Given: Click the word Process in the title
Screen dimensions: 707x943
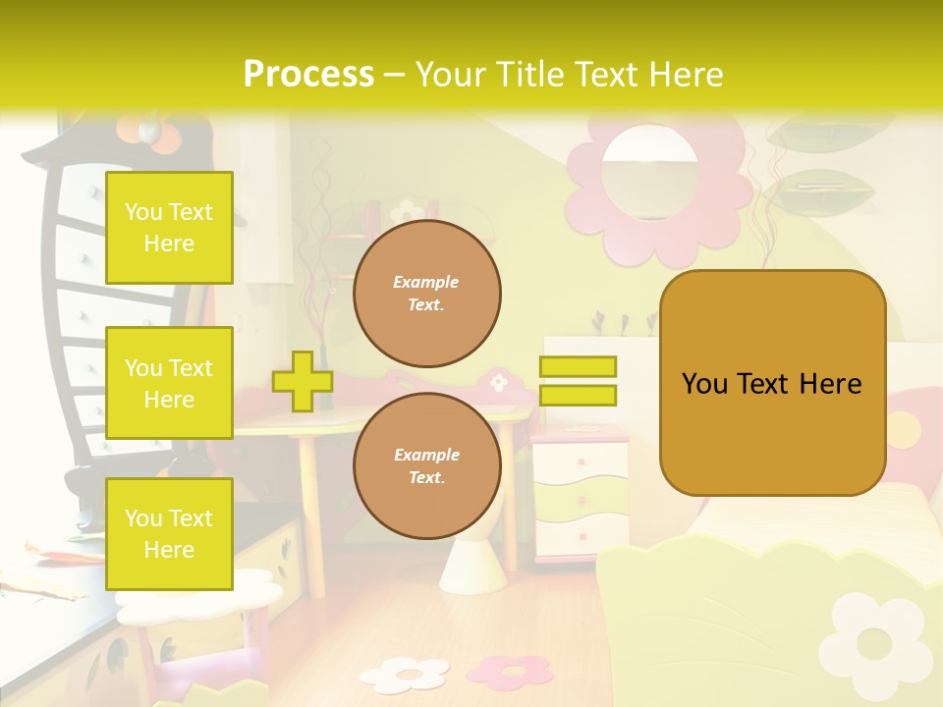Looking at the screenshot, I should click(308, 75).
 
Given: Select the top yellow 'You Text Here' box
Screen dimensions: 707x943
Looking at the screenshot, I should click(169, 228).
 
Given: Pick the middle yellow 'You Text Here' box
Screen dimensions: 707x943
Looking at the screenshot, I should click(169, 383).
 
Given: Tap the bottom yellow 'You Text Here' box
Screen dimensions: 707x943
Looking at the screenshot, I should click(169, 534).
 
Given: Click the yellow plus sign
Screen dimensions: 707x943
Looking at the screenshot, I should click(303, 381).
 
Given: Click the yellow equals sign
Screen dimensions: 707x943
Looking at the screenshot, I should click(578, 381).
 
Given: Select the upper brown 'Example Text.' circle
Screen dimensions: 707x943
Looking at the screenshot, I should click(426, 294).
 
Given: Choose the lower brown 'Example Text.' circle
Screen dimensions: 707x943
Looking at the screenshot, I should click(426, 466).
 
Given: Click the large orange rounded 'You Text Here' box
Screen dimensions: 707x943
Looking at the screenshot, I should click(772, 383).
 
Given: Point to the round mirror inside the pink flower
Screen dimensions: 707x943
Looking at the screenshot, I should click(649, 171).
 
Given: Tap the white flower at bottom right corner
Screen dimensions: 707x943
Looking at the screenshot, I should click(874, 643).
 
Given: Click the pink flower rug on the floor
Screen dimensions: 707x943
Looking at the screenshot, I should click(510, 670).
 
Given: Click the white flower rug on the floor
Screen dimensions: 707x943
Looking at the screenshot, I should click(404, 675).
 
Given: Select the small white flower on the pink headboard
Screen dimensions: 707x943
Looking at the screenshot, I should click(499, 381).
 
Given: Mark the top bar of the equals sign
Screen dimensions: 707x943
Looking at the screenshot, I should click(578, 367).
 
